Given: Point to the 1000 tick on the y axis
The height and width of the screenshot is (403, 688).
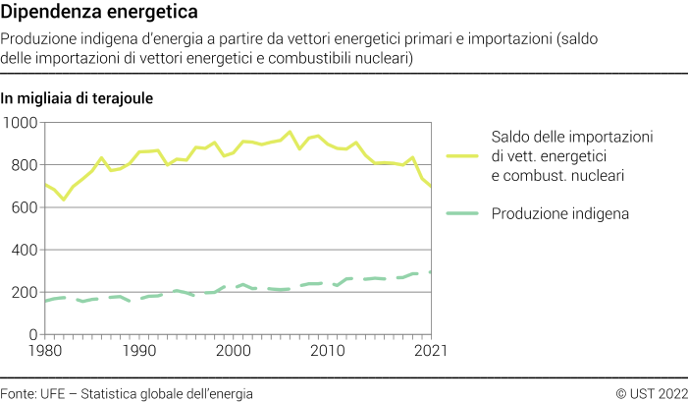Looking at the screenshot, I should pos(20,122).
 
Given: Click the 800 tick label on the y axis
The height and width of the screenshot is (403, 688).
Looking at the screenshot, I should pos(24,165).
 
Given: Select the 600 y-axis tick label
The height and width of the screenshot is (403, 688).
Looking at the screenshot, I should pos(24,207).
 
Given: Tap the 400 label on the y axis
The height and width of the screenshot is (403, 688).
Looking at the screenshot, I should pos(24,250).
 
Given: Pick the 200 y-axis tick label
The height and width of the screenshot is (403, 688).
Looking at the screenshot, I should pos(24,292).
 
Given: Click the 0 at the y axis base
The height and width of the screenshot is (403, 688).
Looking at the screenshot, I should pos(32,335).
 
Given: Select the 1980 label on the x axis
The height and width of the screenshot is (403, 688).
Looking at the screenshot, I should pos(44,350).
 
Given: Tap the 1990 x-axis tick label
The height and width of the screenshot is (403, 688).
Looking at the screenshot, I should pos(139,350).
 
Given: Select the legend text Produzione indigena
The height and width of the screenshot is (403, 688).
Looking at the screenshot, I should pos(559,213).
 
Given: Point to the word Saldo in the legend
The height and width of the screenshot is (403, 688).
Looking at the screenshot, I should pos(510,136).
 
